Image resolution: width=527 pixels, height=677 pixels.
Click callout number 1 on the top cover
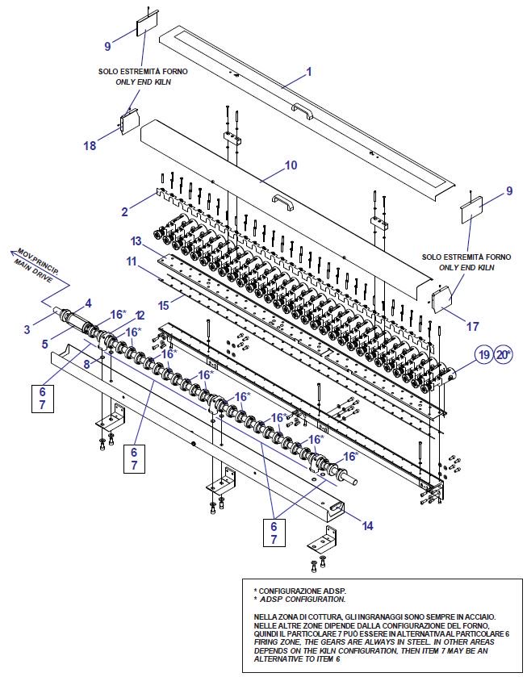(x=308, y=71)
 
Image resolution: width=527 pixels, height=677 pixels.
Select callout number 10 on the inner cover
(x=291, y=165)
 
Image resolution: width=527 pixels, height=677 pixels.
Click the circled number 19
(x=483, y=354)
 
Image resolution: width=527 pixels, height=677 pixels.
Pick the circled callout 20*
(x=504, y=354)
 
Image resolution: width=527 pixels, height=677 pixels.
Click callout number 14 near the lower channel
(x=367, y=525)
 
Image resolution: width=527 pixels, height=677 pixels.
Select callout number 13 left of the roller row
(x=136, y=242)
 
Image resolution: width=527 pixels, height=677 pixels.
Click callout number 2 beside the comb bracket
(x=125, y=212)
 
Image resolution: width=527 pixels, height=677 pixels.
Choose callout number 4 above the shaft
(x=88, y=303)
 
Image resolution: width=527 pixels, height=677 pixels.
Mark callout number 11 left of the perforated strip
(x=131, y=262)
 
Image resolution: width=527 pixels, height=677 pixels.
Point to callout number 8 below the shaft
(x=88, y=364)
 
